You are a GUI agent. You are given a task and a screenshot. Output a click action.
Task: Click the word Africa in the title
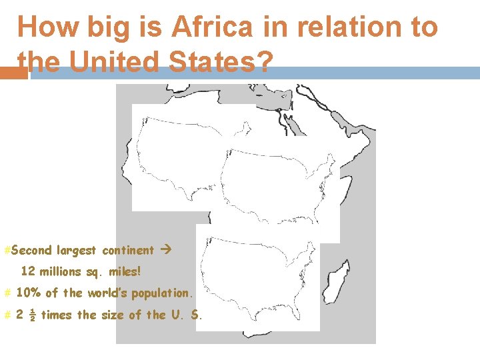[x=210, y=27]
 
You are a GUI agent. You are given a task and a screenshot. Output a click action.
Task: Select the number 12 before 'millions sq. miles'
[x=28, y=271]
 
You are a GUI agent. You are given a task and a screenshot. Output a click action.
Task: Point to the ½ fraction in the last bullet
[x=32, y=315]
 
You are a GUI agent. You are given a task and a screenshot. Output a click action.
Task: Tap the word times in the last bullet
[x=57, y=315]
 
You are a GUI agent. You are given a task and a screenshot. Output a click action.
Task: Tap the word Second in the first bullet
[x=31, y=251]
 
